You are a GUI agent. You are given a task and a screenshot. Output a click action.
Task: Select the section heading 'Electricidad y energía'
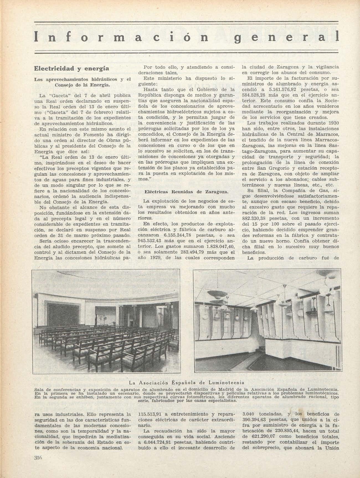[71, 68]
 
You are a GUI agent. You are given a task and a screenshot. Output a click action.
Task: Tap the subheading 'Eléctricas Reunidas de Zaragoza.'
[186, 192]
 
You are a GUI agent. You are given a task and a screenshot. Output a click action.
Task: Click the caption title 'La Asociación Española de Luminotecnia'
[187, 383]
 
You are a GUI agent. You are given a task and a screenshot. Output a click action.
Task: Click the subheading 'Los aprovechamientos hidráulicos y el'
[82, 79]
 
